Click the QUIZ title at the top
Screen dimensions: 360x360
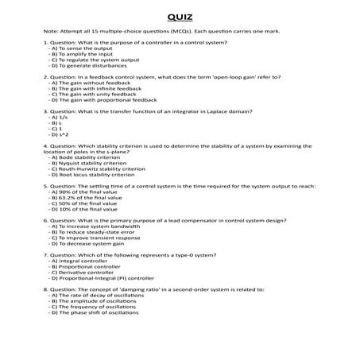[180, 16]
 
